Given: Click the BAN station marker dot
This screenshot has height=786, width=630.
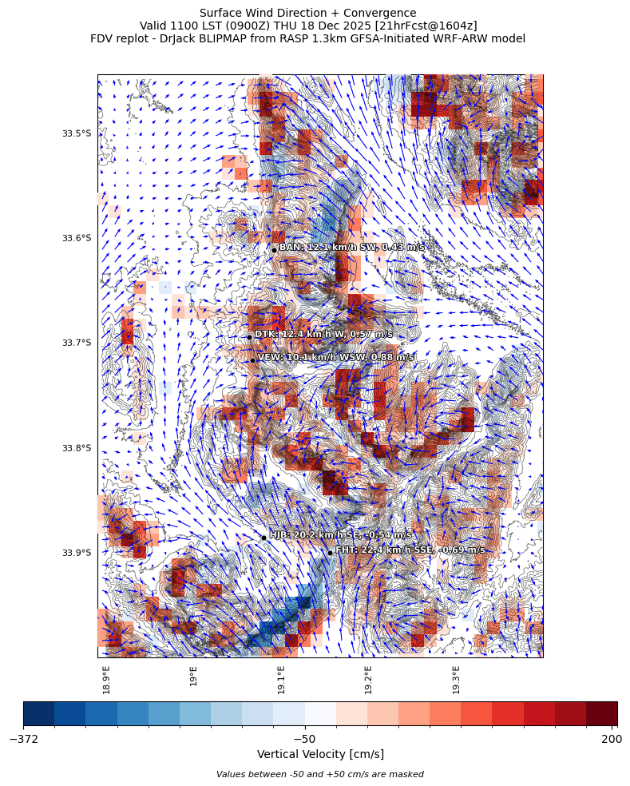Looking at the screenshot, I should coord(274,250).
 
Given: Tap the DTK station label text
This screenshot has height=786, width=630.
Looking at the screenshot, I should coord(323,334).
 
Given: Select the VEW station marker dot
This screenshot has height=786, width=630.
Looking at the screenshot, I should coord(252,360).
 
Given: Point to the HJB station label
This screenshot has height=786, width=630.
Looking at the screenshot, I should coord(340,534).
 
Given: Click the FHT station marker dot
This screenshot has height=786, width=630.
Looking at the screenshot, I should coord(330,553).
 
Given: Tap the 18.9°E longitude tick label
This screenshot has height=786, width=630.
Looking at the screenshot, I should coord(106,679).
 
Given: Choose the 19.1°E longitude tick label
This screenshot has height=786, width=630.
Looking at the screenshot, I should coord(281,679).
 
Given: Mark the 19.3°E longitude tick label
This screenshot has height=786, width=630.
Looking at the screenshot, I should coord(456,679).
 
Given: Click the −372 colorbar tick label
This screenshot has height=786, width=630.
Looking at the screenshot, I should coord(24,740).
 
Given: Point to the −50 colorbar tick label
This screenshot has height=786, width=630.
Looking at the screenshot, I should coord(304,740).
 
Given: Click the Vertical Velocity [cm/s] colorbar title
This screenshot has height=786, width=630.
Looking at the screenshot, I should coord(320,755).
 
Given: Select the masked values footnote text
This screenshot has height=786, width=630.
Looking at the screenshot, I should coord(319,774).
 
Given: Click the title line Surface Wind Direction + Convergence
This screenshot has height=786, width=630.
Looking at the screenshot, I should coord(307,13).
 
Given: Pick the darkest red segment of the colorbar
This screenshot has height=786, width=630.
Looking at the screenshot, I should coord(601,713).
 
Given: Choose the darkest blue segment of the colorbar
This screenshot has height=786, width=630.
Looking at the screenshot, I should coord(39,713).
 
